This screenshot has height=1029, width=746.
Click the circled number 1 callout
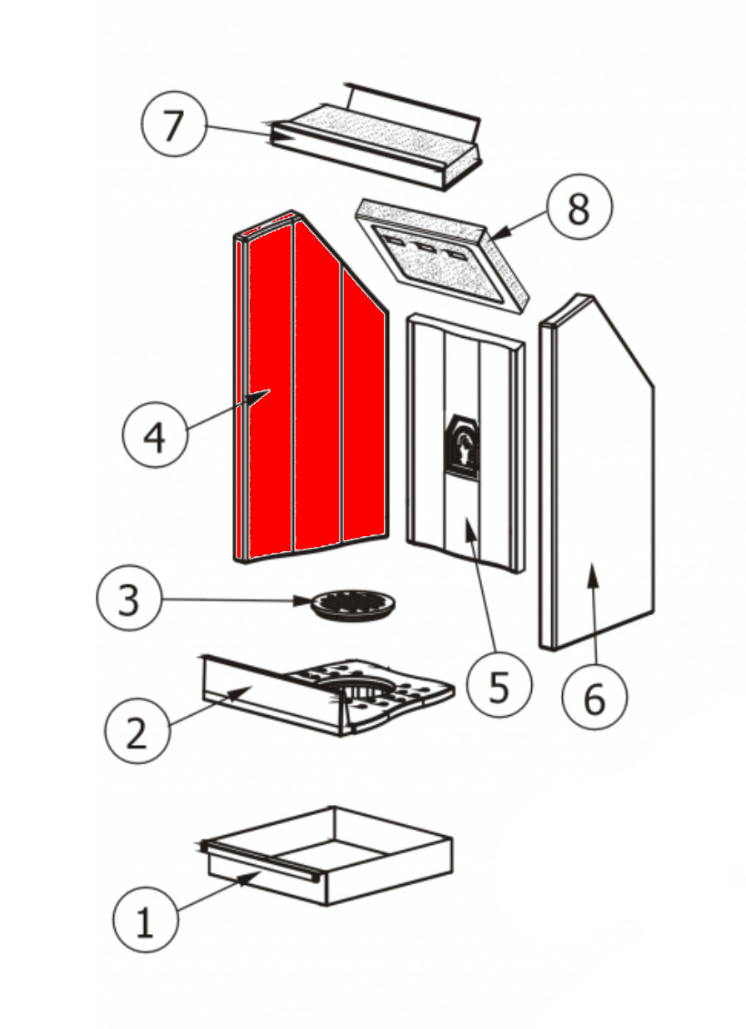point(145,921)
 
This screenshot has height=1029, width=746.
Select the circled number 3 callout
point(128,599)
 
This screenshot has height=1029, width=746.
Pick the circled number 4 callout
point(156,436)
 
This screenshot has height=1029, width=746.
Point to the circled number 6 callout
point(594,699)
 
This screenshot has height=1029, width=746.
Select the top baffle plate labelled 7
point(375,137)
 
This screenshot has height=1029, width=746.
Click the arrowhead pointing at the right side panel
point(593,569)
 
